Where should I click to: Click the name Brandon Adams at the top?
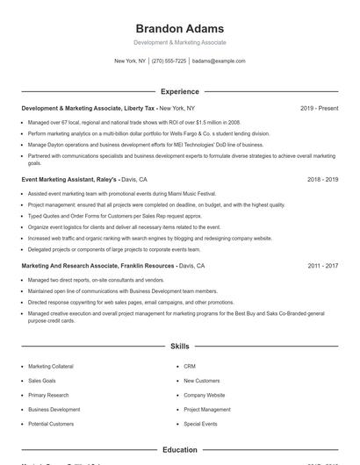click(x=179, y=28)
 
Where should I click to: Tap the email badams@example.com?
click(x=218, y=61)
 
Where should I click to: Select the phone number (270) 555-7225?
click(x=169, y=61)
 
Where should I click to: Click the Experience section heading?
click(x=179, y=91)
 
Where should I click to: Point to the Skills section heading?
click(x=179, y=347)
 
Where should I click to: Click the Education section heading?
click(x=179, y=450)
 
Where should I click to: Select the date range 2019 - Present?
click(x=319, y=108)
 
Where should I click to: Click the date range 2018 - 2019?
click(x=322, y=179)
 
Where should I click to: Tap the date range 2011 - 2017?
click(x=322, y=265)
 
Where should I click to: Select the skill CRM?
click(x=190, y=366)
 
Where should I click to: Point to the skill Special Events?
click(x=200, y=424)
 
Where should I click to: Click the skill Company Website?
click(x=205, y=395)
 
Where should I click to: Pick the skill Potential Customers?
click(x=51, y=424)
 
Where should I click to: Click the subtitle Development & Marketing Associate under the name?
click(x=179, y=42)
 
